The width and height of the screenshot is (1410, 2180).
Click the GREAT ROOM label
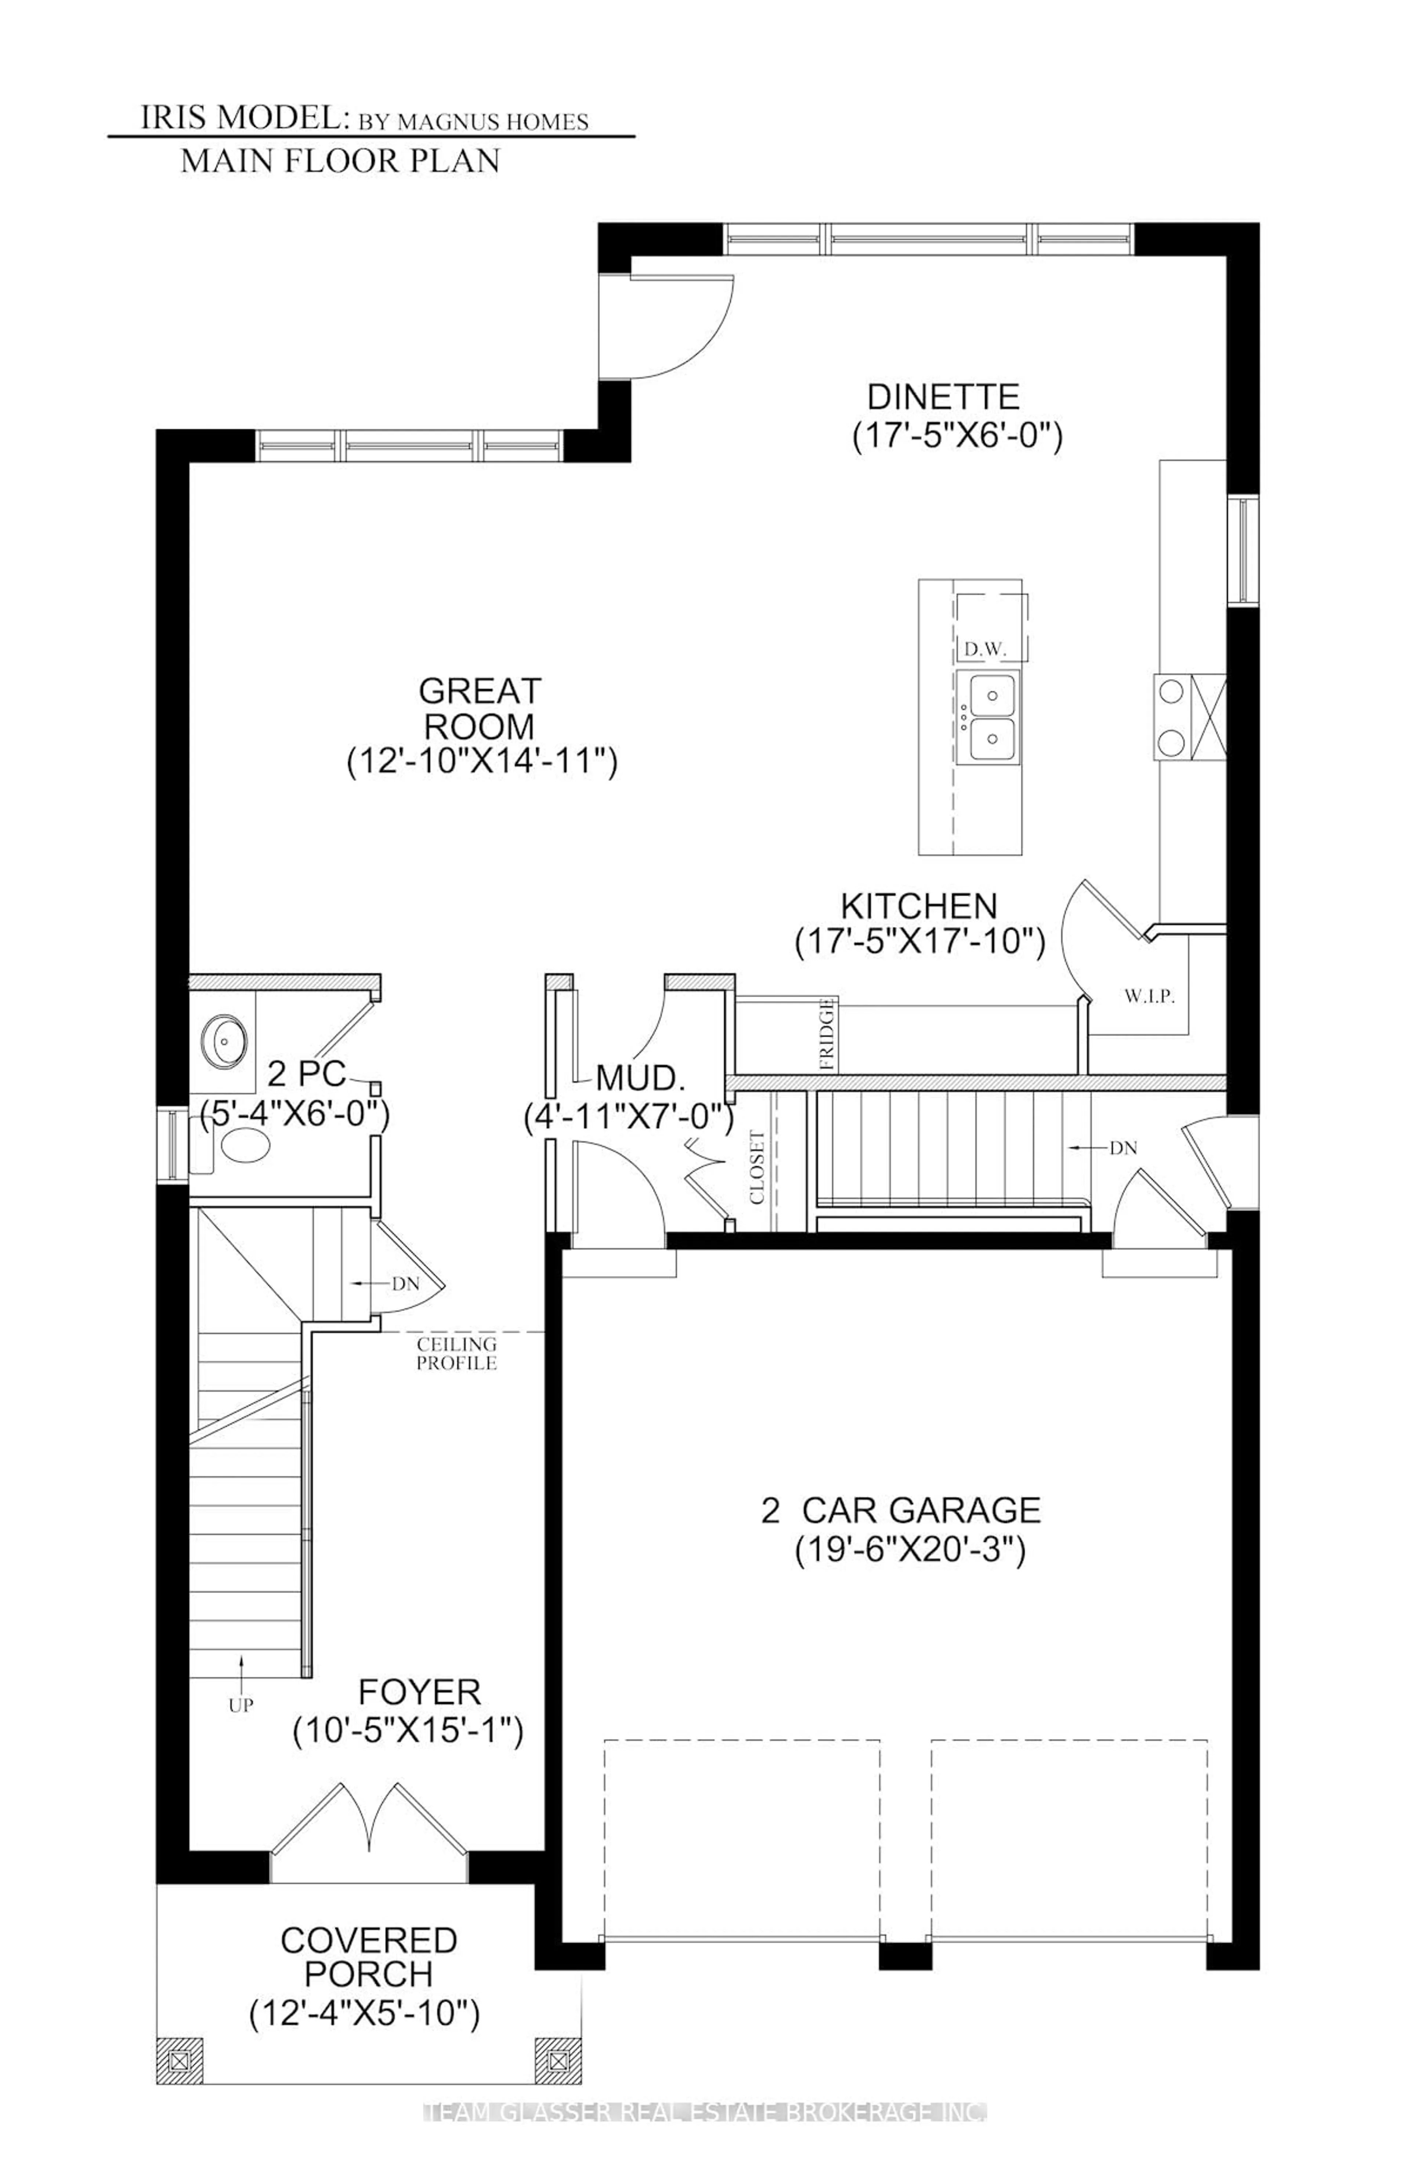pyautogui.click(x=480, y=708)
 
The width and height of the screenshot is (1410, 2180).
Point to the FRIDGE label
pyautogui.click(x=828, y=1035)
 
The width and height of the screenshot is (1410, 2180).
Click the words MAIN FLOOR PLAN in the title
pyautogui.click(x=340, y=161)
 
